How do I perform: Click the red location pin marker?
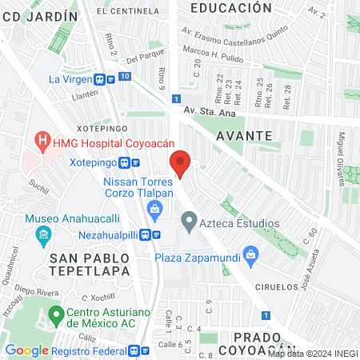point(181,164)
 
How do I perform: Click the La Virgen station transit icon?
point(100,79)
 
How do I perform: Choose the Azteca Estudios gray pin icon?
point(189,219)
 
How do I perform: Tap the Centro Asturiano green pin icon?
point(56,314)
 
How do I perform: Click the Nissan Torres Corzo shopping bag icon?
point(155,210)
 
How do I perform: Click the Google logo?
point(26,350)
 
